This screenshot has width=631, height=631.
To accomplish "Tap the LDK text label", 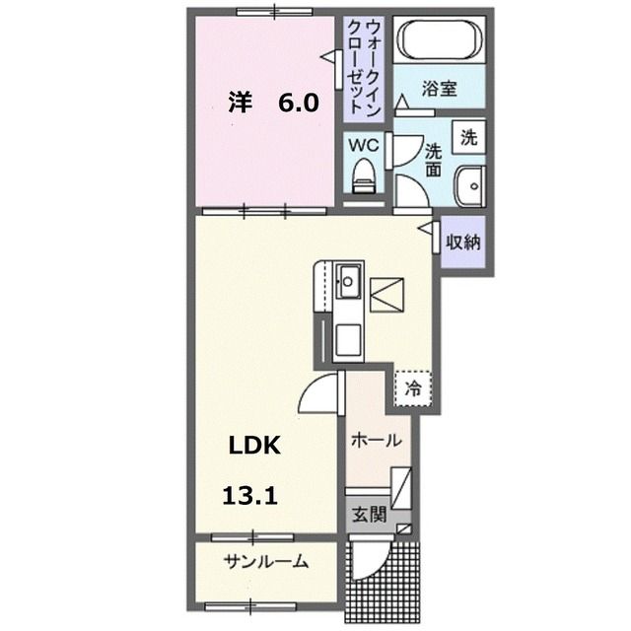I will [255, 446].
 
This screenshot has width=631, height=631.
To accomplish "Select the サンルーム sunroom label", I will [265, 563].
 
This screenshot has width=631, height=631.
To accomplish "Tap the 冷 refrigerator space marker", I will [414, 388].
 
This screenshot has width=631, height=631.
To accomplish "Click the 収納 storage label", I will [461, 242].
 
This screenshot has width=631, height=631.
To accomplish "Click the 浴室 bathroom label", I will [440, 89].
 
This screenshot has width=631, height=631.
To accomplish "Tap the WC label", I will [366, 144].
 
